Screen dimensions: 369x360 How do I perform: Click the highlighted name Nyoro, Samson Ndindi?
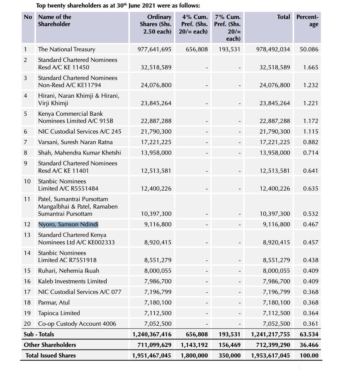pyautogui.click(x=68, y=224)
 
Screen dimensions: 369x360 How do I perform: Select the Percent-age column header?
pyautogui.click(x=307, y=21)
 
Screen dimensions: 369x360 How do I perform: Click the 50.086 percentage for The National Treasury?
pyautogui.click(x=309, y=49)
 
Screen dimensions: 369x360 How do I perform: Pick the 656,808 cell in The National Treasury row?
pyautogui.click(x=197, y=49)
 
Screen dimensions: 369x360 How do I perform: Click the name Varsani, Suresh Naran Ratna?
pyautogui.click(x=75, y=142)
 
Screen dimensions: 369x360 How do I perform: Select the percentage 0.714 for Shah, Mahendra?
pyautogui.click(x=311, y=153)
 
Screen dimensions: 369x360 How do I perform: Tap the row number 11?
pyautogui.click(x=27, y=199)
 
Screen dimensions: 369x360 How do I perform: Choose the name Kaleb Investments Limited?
pyautogui.click(x=72, y=281)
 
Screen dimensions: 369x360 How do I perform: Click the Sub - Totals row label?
pyautogui.click(x=39, y=334)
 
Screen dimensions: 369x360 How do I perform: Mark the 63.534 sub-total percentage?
pyautogui.click(x=309, y=334)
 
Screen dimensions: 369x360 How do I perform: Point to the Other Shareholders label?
pyautogui.click(x=50, y=345)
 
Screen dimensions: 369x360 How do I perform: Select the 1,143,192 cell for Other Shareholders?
pyautogui.click(x=194, y=345)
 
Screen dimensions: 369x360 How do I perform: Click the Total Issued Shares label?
pyautogui.click(x=50, y=356)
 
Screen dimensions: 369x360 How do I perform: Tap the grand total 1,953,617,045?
pyautogui.click(x=270, y=356)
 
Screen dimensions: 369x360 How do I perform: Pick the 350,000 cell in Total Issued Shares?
pyautogui.click(x=229, y=356)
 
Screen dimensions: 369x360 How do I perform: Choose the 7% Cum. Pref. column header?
pyautogui.click(x=228, y=28)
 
